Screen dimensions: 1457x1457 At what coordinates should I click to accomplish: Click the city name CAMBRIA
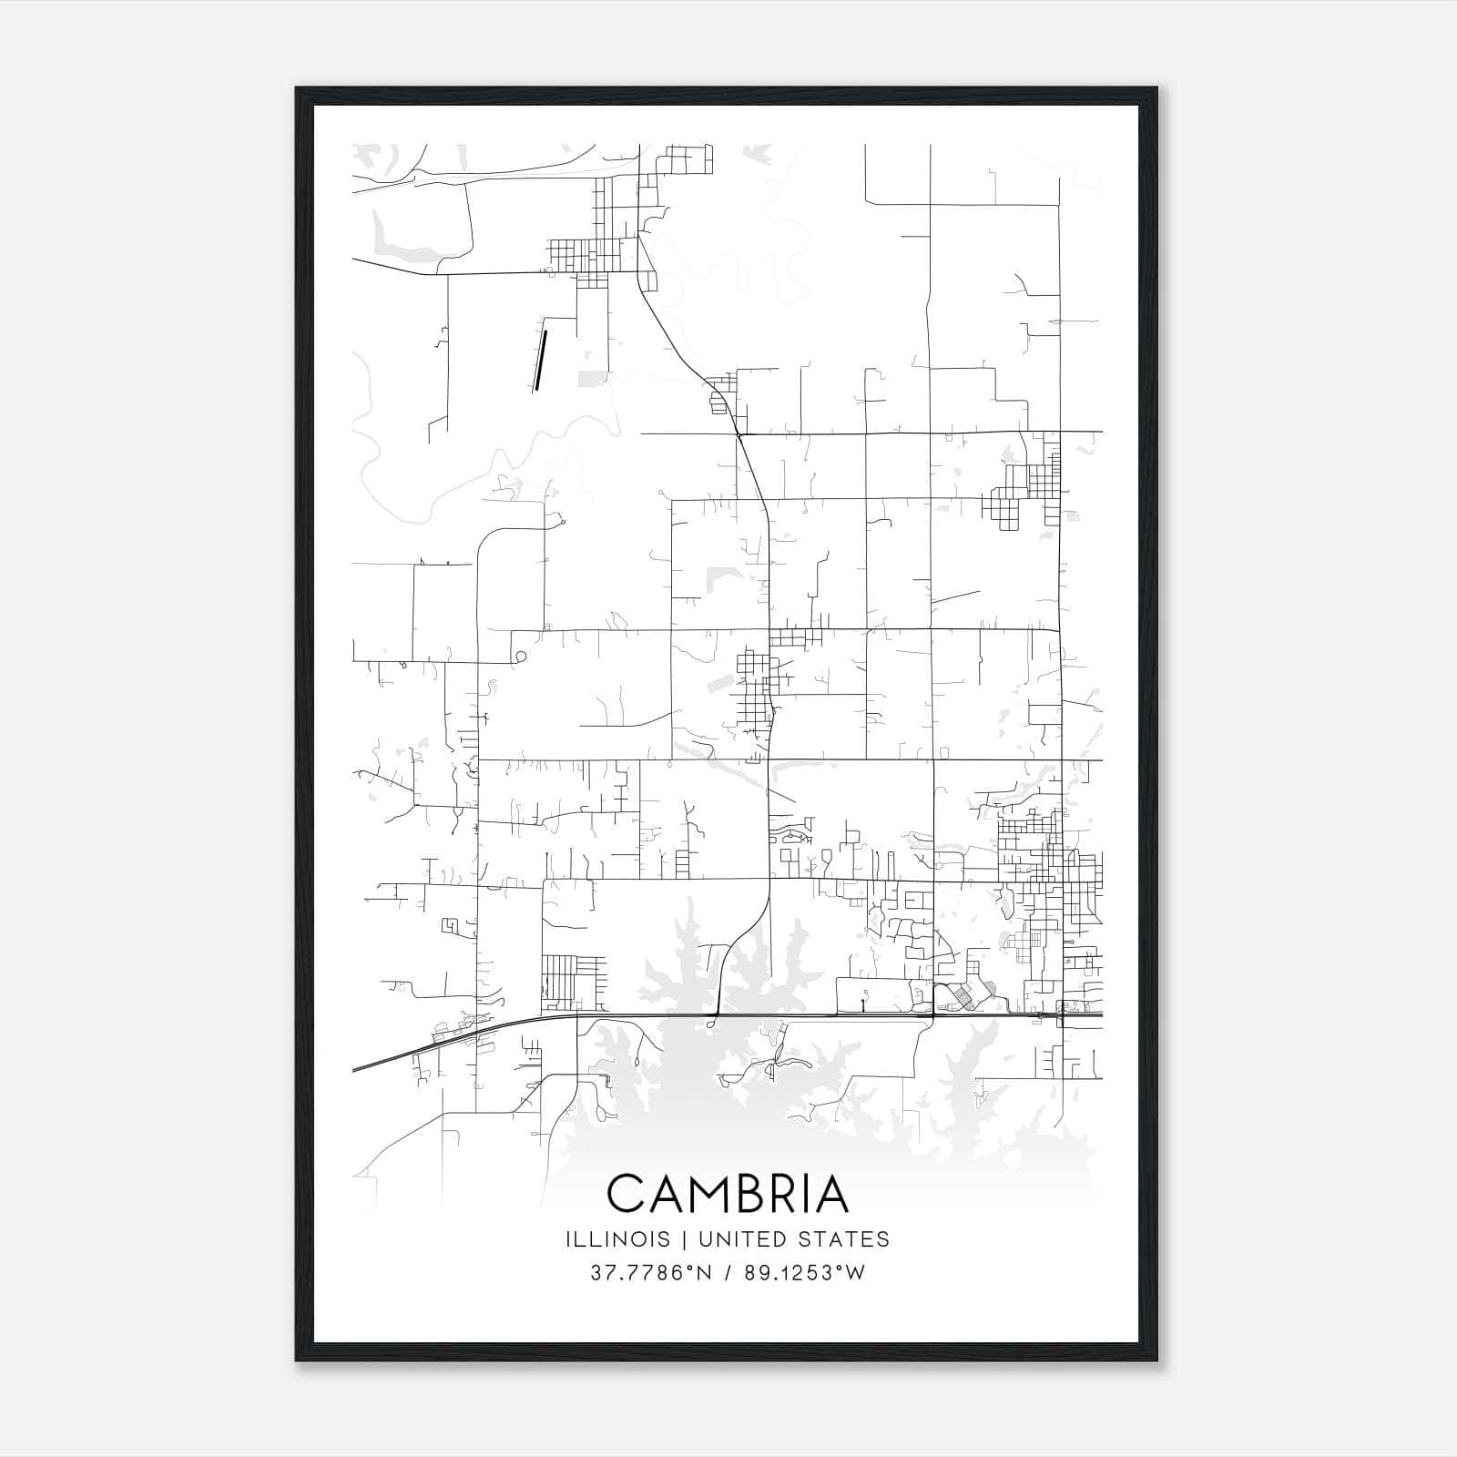coord(728,1194)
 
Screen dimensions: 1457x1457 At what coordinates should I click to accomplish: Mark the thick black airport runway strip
coord(540,360)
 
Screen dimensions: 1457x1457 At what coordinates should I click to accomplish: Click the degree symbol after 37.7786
coord(670,1268)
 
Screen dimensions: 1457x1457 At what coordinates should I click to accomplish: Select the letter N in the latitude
coord(681,1273)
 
